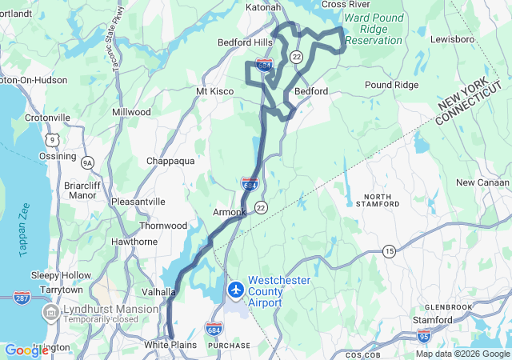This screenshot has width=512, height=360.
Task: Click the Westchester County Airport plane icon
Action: tap(235, 289)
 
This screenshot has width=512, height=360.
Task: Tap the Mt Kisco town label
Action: tap(214, 91)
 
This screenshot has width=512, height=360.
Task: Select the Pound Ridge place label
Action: tap(391, 84)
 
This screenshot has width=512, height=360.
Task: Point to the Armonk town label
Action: tap(230, 212)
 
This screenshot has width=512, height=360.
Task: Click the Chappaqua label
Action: tap(170, 161)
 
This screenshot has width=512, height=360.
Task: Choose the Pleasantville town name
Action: tap(138, 202)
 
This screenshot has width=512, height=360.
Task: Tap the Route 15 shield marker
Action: tap(389, 251)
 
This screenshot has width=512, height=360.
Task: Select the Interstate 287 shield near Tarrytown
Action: tap(22, 298)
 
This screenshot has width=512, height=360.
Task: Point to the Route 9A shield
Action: tap(87, 162)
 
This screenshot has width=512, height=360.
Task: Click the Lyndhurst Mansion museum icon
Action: tap(50, 310)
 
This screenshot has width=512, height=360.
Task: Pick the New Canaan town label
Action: tap(482, 182)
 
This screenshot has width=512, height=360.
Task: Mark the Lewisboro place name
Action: tap(452, 38)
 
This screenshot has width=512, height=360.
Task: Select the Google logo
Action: tap(26, 350)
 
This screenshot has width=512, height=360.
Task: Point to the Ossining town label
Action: tap(58, 156)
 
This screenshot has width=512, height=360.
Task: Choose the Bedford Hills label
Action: tap(245, 42)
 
